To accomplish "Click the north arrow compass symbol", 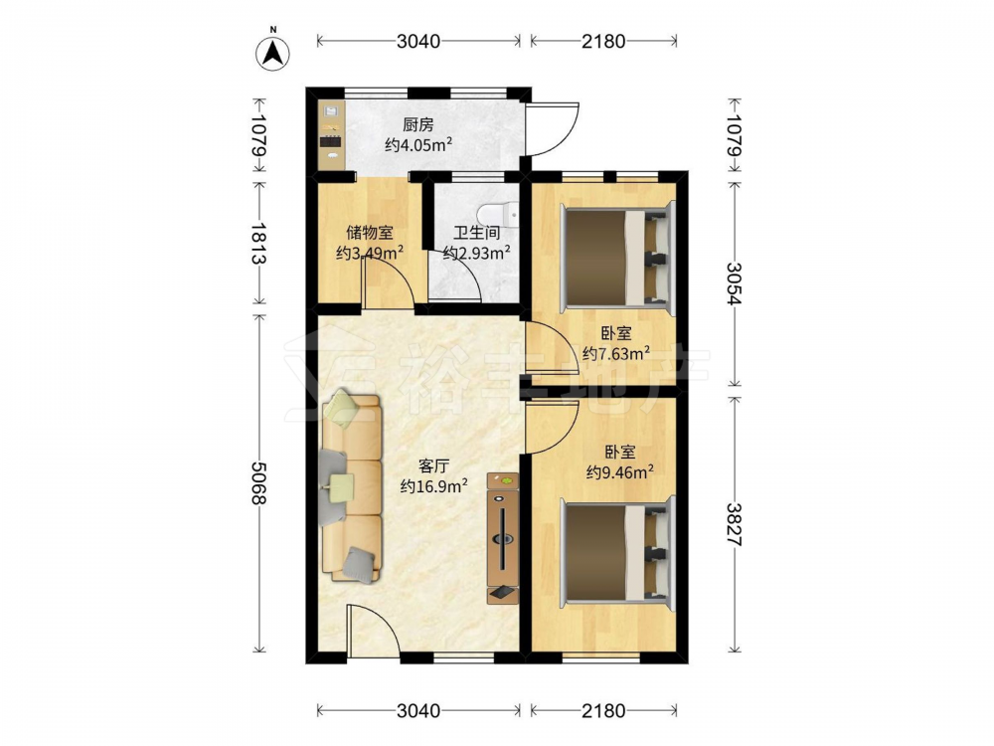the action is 273,52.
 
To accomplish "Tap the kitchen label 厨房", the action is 418,125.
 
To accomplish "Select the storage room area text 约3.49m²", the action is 370,254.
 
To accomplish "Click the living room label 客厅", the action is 434,466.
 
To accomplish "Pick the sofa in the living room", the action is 352,486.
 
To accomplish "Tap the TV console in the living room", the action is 503,538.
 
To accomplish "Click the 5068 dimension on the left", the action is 258,482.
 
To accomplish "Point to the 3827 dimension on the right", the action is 735,524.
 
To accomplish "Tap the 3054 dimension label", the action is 735,283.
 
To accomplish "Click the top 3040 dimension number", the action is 418,41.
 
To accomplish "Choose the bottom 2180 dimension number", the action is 603,711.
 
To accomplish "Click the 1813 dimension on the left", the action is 258,244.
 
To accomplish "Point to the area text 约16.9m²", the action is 434,486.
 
